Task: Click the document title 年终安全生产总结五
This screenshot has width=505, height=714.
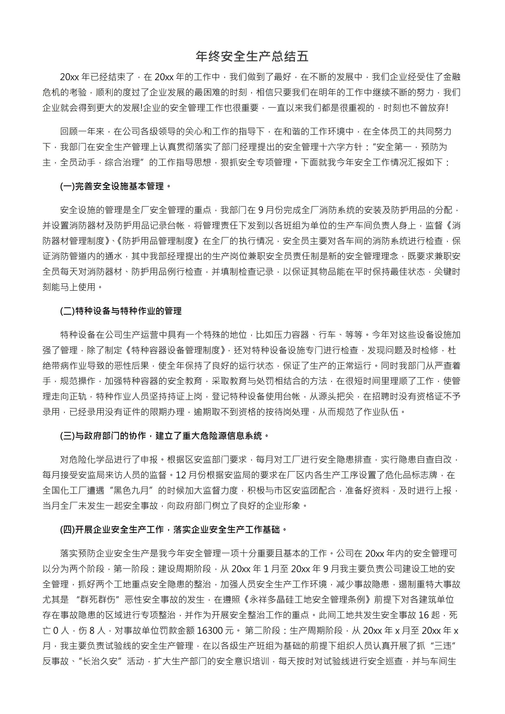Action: coord(252,56)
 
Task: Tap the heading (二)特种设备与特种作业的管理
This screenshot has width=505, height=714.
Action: coord(121,311)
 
